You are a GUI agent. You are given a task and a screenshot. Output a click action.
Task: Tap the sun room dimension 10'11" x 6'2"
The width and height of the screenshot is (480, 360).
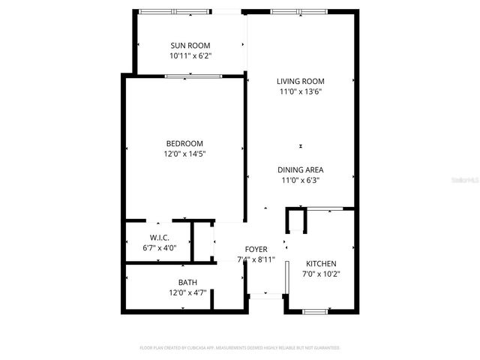(190, 55)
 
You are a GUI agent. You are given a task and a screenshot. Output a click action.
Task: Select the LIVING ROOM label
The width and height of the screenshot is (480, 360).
(300, 82)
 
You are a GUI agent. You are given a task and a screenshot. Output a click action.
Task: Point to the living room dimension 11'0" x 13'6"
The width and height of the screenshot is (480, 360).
(300, 91)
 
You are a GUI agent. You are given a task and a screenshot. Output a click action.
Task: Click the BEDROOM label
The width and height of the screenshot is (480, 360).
(184, 143)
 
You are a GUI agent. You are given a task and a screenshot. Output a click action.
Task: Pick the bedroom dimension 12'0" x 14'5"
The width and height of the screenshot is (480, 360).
(184, 153)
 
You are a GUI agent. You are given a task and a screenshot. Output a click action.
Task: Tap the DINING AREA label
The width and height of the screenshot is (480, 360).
(300, 170)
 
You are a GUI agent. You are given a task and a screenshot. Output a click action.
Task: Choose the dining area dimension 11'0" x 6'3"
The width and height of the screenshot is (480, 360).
(300, 180)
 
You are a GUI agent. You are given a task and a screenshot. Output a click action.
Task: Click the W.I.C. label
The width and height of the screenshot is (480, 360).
(159, 238)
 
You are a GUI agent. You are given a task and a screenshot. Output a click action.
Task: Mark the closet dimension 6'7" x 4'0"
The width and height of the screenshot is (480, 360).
(159, 247)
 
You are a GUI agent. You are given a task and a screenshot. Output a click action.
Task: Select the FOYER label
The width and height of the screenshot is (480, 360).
(256, 249)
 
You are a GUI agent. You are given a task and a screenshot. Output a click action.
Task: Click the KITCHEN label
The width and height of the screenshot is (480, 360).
(321, 263)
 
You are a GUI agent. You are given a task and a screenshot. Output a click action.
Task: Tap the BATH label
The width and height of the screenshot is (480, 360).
(187, 283)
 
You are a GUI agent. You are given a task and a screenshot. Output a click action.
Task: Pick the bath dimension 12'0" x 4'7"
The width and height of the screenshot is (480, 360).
(187, 292)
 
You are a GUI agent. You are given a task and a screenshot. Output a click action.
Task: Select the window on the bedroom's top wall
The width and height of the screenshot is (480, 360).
(193, 75)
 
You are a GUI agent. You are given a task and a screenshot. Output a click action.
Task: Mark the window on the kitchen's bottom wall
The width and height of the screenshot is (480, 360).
(315, 310)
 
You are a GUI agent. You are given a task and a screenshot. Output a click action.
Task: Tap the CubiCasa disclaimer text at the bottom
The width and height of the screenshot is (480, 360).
(240, 348)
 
